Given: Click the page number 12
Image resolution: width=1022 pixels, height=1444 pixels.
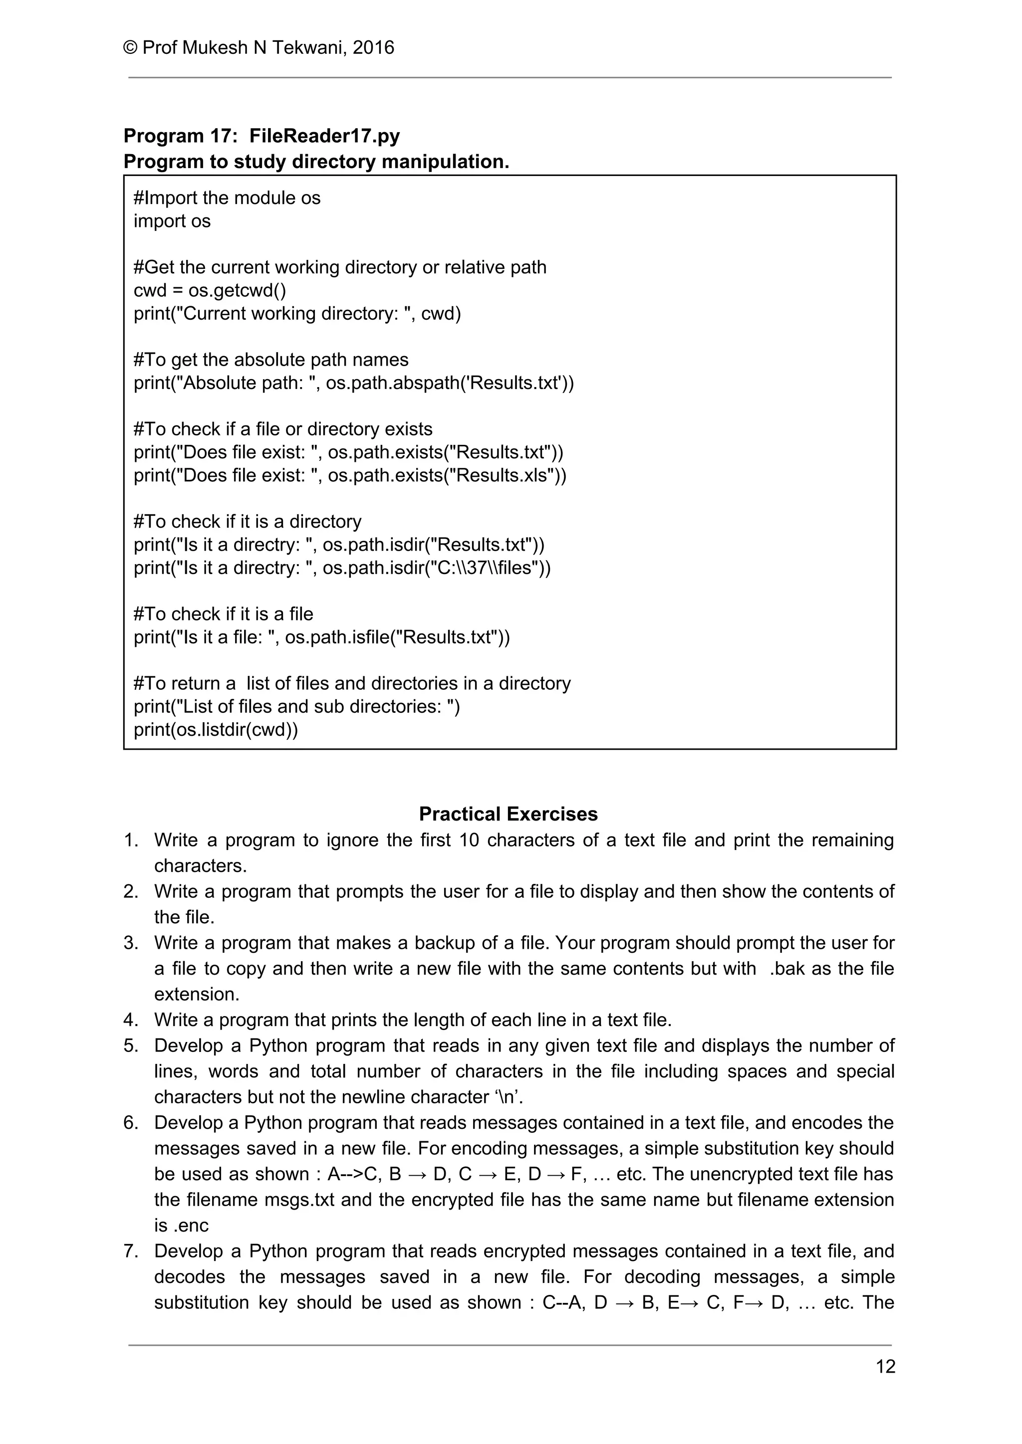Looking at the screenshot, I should pos(885,1367).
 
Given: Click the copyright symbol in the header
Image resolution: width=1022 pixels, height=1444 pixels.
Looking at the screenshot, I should pos(130,48).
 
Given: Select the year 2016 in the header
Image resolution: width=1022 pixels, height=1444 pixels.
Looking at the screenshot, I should pos(373,48).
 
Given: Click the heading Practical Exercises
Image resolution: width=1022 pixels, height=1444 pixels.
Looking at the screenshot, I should pos(508,814).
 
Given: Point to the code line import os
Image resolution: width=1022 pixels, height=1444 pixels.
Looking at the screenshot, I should pos(172,221).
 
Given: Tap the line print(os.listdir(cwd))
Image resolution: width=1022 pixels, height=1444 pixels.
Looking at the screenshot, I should pos(215,730).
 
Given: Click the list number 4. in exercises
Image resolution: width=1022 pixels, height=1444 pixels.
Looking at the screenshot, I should pos(130,1020).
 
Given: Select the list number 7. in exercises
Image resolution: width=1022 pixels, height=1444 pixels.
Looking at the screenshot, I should pos(130,1251).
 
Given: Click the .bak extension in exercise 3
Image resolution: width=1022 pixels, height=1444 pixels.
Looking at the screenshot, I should pos(786,969).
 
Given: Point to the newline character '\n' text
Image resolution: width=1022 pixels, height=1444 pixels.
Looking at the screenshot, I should pos(509,1097).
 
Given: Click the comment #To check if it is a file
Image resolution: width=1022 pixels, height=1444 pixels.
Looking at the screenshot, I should pos(223,614).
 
